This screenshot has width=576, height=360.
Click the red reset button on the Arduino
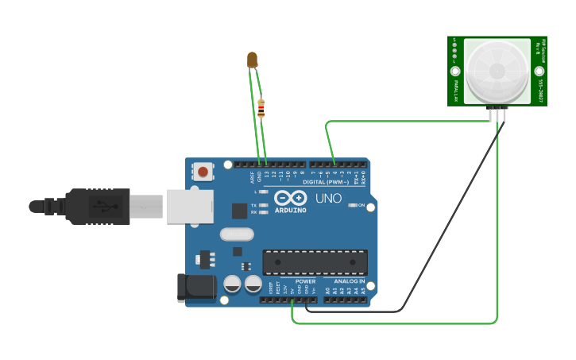pyautogui.click(x=203, y=171)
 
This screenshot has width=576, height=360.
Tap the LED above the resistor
pyautogui.click(x=253, y=59)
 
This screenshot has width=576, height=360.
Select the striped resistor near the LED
pyautogui.click(x=261, y=107)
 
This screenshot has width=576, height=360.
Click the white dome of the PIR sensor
pyautogui.click(x=497, y=70)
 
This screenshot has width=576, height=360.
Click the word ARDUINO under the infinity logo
pyautogui.click(x=290, y=210)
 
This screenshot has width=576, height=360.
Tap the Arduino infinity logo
pyautogui.click(x=290, y=197)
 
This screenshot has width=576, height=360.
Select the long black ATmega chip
pyautogui.click(x=315, y=262)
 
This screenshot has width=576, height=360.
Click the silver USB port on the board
pyautogui.click(x=189, y=206)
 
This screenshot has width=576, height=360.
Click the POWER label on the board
pyautogui.click(x=305, y=281)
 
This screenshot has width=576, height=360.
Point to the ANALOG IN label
pyautogui.click(x=349, y=281)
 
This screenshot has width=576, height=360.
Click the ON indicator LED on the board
pyautogui.click(x=353, y=205)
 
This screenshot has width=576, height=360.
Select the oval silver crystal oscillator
pyautogui.click(x=237, y=234)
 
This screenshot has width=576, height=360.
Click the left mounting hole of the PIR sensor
pyautogui.click(x=456, y=71)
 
